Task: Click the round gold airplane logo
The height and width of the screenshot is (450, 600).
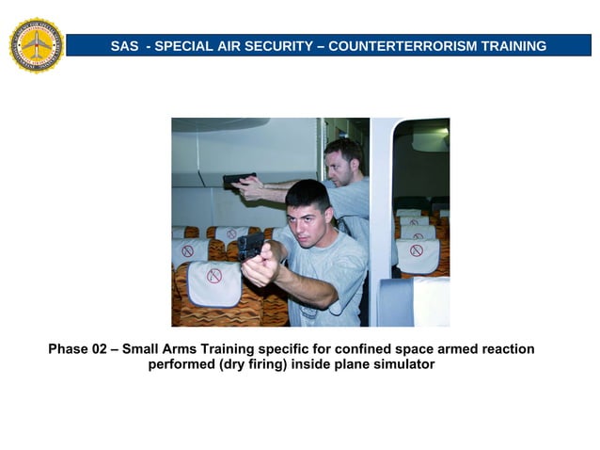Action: click(36, 44)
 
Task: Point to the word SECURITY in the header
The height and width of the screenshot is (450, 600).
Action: click(274, 46)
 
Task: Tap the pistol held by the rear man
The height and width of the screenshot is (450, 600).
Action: click(238, 180)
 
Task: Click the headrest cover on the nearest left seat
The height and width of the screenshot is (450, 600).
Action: click(213, 282)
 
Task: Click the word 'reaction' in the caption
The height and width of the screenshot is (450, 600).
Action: click(505, 349)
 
